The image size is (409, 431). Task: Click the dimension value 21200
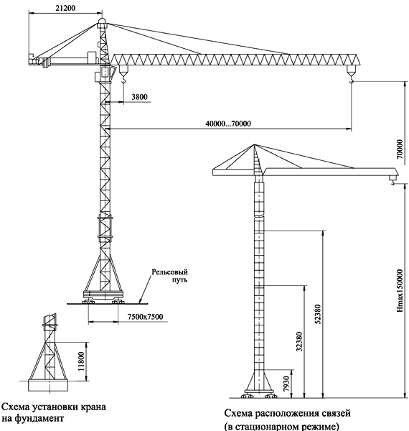(x=65, y=8)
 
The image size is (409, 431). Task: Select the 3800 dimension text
(x=139, y=97)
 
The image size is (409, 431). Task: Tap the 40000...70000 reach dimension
(x=228, y=124)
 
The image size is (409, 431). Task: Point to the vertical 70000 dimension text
(x=400, y=149)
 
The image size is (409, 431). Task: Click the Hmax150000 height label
(x=400, y=290)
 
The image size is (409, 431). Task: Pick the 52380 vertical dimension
(x=318, y=314)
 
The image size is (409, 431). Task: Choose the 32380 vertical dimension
(x=299, y=342)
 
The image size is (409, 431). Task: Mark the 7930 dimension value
(x=286, y=384)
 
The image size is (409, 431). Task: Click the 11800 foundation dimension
(x=80, y=361)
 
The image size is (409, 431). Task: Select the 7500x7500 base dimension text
(x=145, y=317)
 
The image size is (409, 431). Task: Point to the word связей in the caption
(x=330, y=413)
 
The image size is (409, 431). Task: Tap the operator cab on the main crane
(x=105, y=73)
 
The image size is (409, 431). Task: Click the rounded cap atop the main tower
(x=102, y=22)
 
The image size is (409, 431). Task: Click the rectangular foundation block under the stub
(x=48, y=385)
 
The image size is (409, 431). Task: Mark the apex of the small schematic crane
(x=254, y=144)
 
